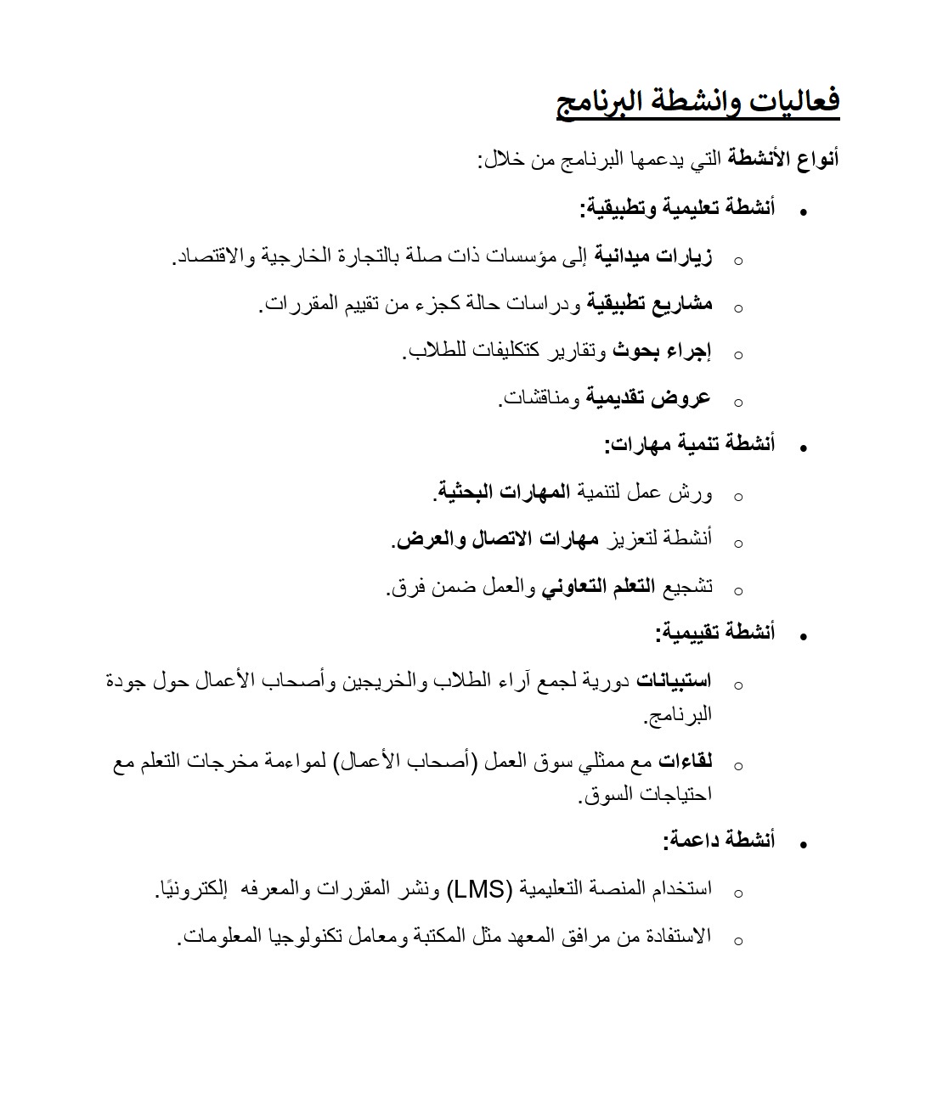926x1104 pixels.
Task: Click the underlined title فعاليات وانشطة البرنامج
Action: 697,102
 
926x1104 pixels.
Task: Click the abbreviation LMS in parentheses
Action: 480,889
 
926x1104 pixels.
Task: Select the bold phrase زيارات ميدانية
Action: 653,256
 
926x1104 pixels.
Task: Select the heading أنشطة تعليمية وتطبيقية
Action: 677,208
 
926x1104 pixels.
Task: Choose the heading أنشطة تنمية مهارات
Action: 689,444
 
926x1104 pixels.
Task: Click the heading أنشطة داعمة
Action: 719,841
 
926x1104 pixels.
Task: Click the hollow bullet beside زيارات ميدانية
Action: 737,260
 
